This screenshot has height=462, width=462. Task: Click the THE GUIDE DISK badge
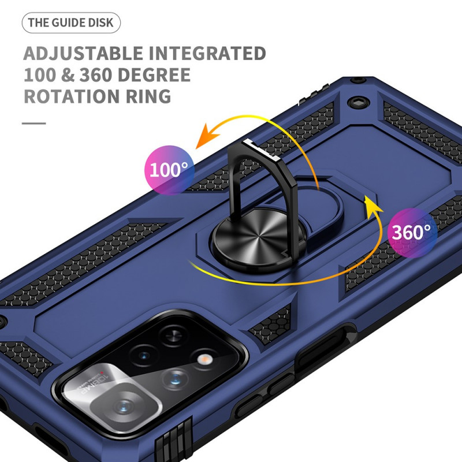pos(72,23)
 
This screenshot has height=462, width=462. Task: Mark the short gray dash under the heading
pos(34,123)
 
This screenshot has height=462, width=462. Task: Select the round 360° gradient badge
pos(411,232)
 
